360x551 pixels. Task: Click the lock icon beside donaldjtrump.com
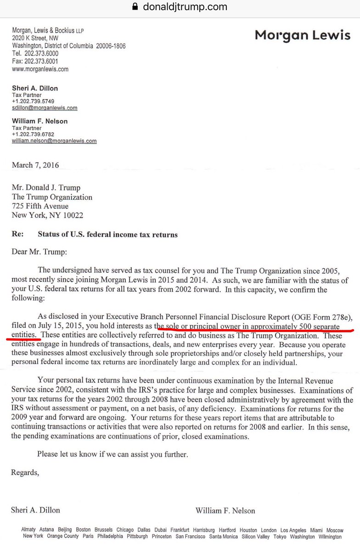[x=135, y=7]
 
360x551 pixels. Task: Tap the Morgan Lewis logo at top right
[x=303, y=35]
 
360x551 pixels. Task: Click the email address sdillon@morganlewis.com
[x=45, y=108]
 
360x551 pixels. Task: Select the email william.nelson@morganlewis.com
[x=54, y=141]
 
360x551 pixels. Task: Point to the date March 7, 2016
[x=35, y=165]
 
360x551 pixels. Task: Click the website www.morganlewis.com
[x=40, y=69]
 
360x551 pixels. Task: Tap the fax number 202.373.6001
[x=42, y=62]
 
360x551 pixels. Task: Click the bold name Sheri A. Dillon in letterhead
[x=35, y=88]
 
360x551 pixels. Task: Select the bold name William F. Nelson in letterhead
[x=39, y=121]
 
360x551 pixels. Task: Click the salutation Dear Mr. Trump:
[x=39, y=251]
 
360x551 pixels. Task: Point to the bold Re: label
[x=18, y=234]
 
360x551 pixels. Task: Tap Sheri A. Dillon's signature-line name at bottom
[x=35, y=510]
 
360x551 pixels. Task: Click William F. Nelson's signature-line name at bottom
[x=225, y=510]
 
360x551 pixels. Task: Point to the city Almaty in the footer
[x=28, y=530]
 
